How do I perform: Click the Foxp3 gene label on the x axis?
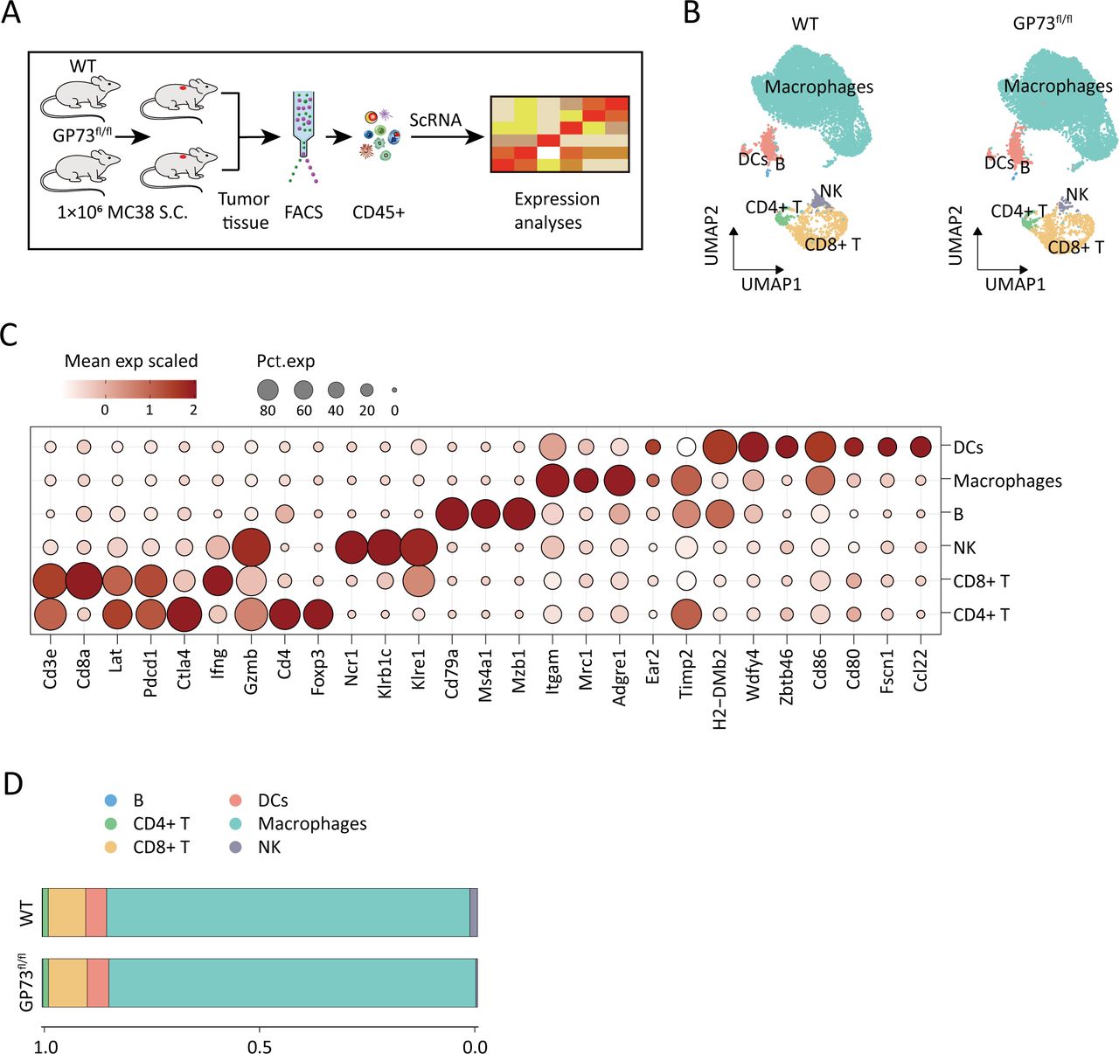pos(318,671)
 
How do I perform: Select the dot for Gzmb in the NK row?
pos(251,548)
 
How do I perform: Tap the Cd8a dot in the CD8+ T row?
pos(84,581)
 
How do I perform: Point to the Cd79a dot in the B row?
pos(452,514)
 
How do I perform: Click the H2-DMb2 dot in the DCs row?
pos(719,447)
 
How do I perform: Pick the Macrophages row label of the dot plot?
pos(1007,481)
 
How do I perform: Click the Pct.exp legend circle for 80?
pos(268,390)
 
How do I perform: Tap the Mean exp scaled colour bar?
pos(130,389)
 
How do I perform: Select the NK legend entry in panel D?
pos(268,847)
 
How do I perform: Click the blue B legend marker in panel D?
pos(110,801)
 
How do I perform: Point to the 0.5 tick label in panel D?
pos(259,1046)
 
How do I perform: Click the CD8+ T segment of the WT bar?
pos(66,912)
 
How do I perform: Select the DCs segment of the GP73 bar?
pos(98,982)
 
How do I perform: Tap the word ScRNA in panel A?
pos(435,120)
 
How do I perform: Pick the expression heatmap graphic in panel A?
pos(559,134)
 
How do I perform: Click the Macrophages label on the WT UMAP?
pos(818,87)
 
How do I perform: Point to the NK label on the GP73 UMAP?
pos(1077,194)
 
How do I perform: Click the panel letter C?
pos(10,335)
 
